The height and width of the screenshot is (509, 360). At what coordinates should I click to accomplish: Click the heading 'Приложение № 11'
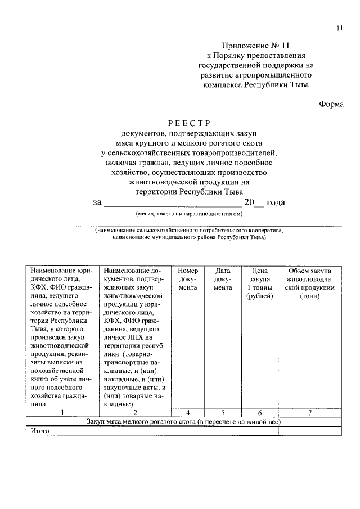point(256,45)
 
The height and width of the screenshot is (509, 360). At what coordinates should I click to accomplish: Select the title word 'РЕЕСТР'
point(188,123)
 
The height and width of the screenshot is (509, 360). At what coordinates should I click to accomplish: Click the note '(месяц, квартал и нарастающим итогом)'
point(188,214)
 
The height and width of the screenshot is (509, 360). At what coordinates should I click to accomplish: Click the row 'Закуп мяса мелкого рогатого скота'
point(183,422)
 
